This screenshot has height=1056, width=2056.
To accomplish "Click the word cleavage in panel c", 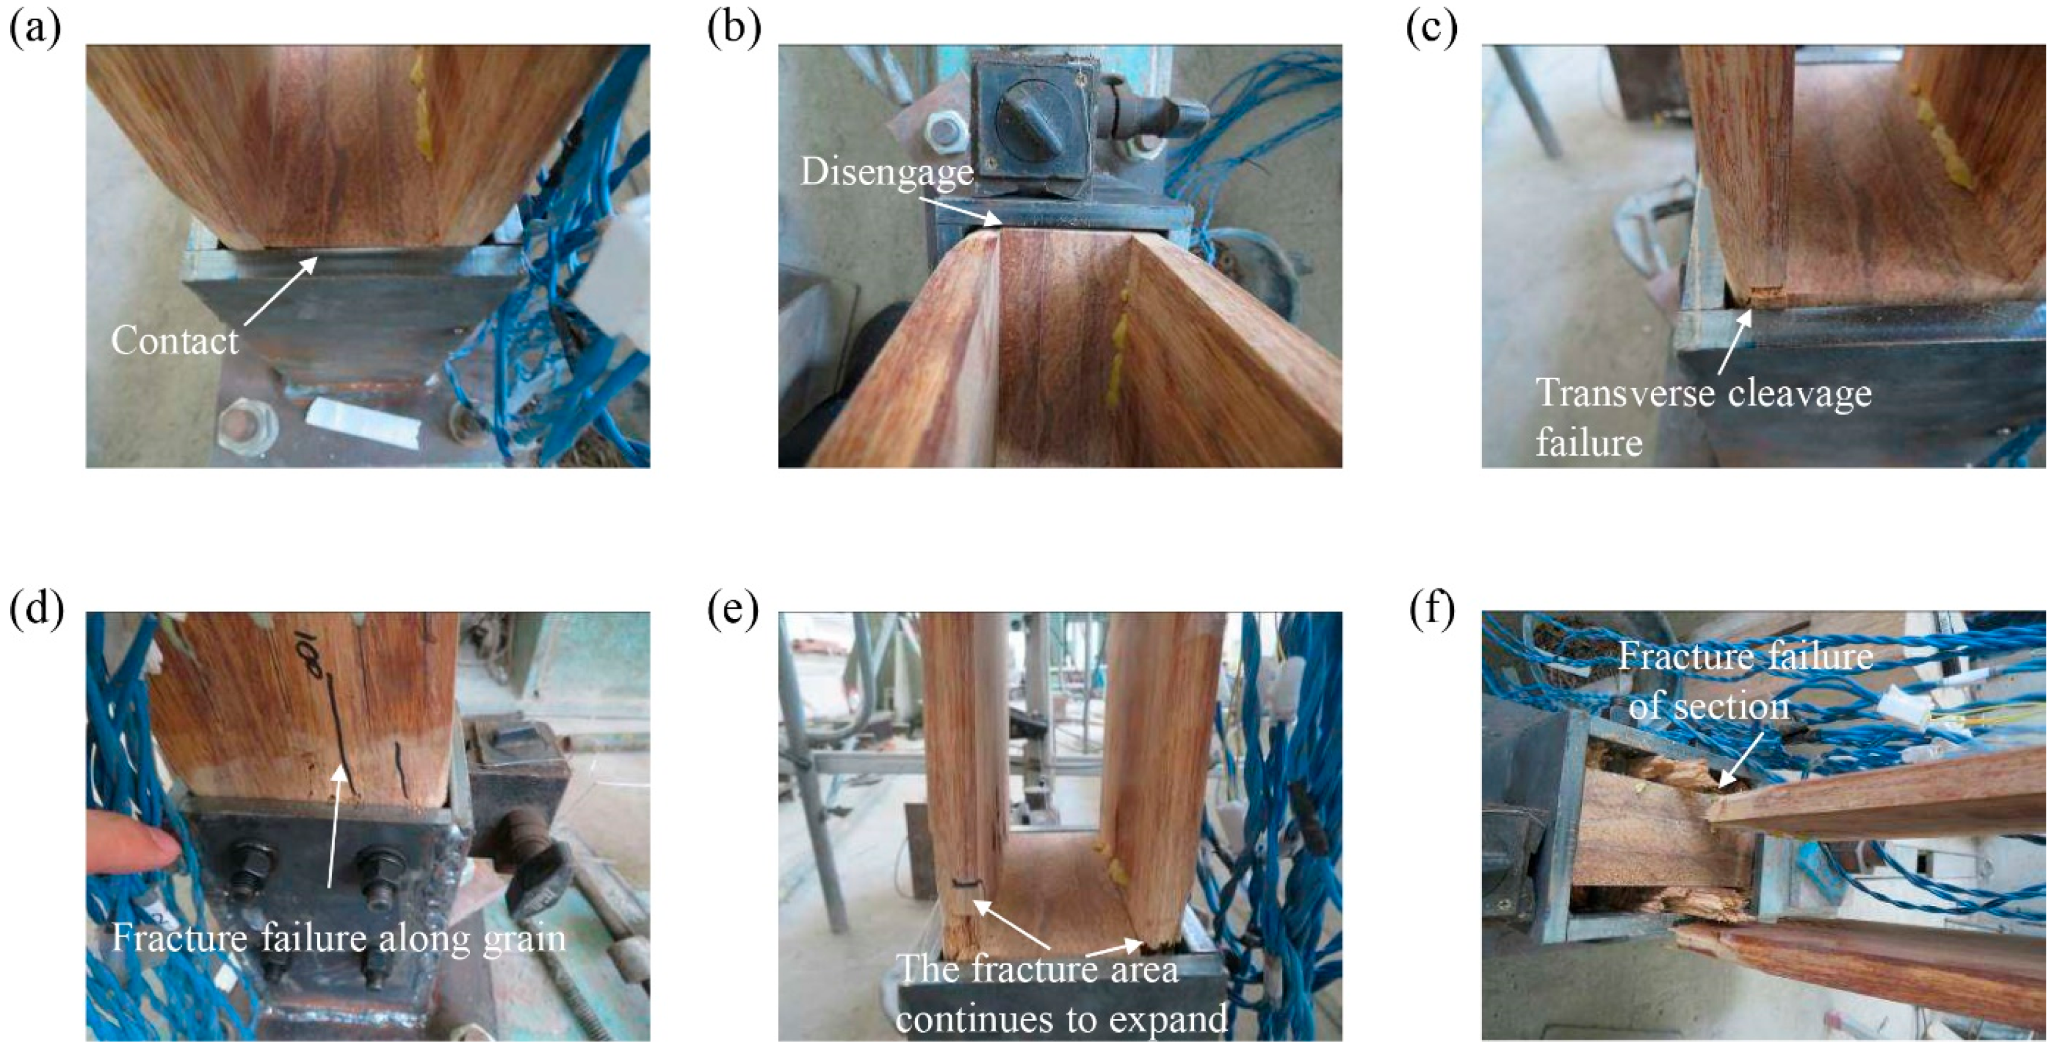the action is point(1799,393).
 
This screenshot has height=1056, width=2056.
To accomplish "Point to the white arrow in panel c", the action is point(1734,342).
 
